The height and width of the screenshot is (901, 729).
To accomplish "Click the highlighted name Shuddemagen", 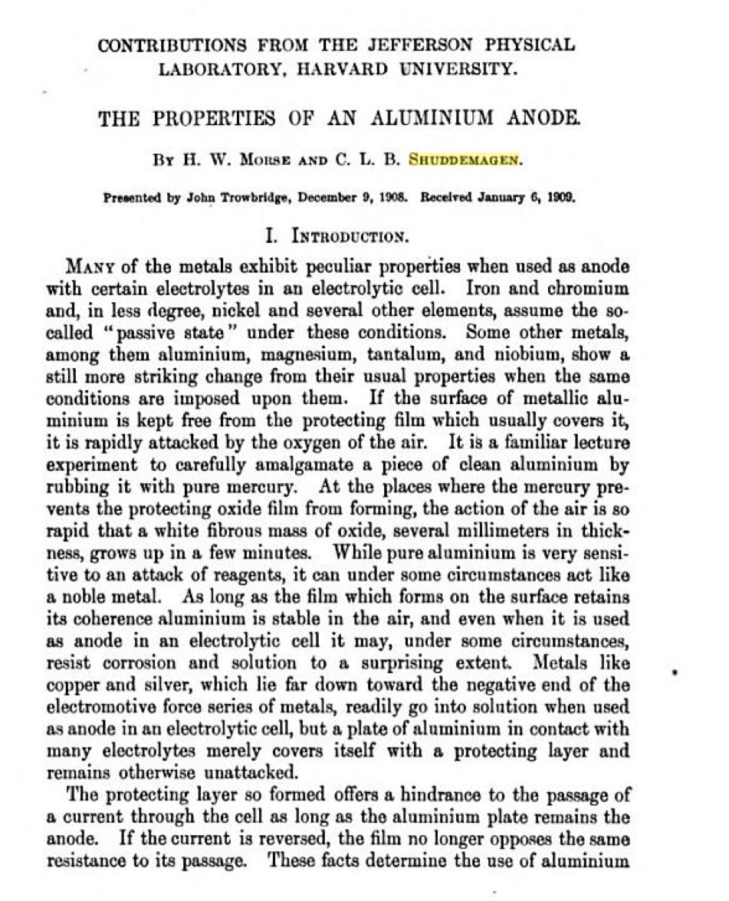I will pyautogui.click(x=464, y=160).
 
